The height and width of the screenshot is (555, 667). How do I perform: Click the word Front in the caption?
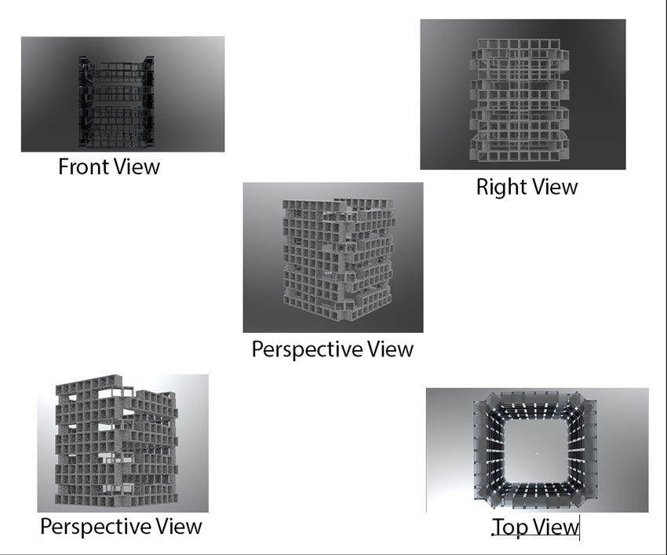[x=85, y=166]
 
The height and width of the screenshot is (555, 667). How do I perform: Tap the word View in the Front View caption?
[x=137, y=166]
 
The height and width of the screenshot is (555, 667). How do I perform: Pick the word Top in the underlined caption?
[x=510, y=528]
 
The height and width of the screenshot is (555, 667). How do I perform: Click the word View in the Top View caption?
[x=555, y=528]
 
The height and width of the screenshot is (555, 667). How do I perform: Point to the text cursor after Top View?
[x=579, y=528]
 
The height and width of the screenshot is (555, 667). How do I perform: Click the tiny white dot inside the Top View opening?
[x=537, y=454]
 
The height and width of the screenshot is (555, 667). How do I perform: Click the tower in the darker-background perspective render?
[x=333, y=255]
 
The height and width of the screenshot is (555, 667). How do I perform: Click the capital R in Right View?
[x=483, y=187]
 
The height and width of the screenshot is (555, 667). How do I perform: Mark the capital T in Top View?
[x=499, y=528]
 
